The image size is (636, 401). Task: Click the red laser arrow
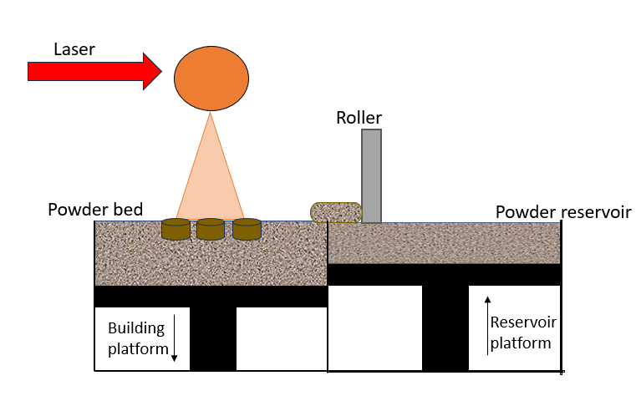[92, 71]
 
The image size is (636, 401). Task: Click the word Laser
[74, 49]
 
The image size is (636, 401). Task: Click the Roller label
[359, 118]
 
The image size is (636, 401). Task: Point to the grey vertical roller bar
[371, 175]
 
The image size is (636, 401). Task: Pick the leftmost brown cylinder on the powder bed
[176, 229]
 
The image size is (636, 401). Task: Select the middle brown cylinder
[211, 229]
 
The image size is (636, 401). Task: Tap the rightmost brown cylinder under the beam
[247, 229]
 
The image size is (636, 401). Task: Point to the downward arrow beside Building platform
[175, 339]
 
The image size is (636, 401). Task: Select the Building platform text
[139, 338]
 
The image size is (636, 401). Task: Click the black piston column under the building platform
[213, 338]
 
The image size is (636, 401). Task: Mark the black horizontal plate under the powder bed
[210, 297]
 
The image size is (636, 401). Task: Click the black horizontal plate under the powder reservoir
[444, 275]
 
